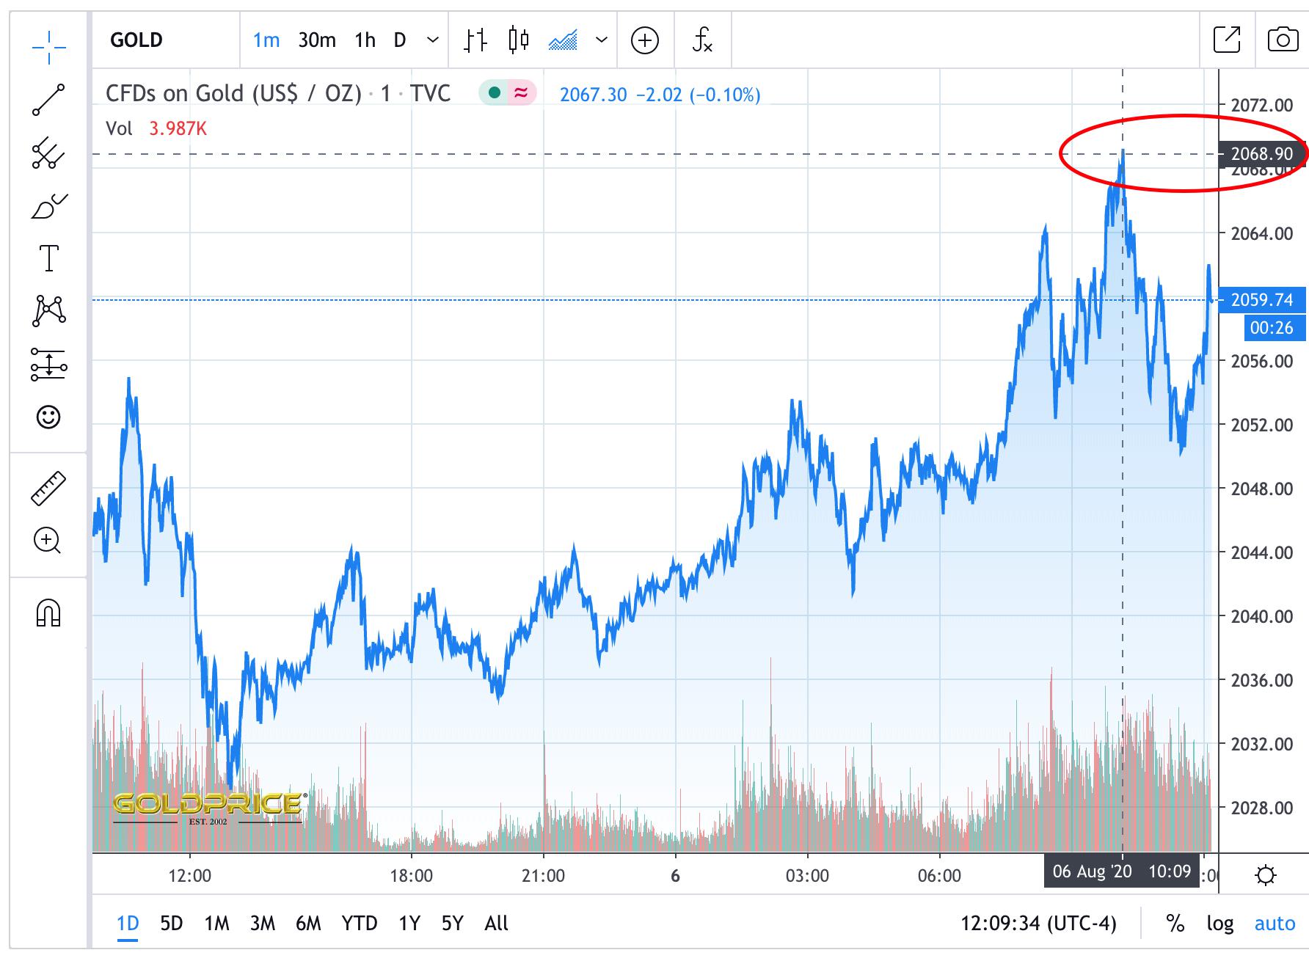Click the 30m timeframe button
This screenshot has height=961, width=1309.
pos(316,40)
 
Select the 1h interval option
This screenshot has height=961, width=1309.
pos(365,40)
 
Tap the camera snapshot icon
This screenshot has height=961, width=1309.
pos(1282,40)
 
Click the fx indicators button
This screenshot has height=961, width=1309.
pos(702,40)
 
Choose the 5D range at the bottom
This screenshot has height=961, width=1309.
pos(171,923)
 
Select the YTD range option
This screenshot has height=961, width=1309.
pos(359,923)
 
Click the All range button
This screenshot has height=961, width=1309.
pos(496,923)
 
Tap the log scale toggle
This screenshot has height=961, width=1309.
pos(1219,923)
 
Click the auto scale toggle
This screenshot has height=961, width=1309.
pos(1275,923)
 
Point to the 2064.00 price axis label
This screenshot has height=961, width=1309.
pos(1262,234)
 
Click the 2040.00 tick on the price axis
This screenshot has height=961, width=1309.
pos(1262,617)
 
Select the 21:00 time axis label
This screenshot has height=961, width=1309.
pos(543,876)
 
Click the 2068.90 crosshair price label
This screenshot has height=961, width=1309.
pos(1261,154)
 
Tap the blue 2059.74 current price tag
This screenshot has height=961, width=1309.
pos(1261,300)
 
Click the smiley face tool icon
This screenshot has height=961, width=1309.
pos(48,417)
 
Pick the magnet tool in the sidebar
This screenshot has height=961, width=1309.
pos(48,613)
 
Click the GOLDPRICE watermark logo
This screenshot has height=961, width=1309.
pos(208,805)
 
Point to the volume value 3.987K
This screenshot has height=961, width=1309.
pos(178,129)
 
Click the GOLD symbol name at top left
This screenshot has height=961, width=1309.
pos(136,40)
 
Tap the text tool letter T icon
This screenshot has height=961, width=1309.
pos(48,258)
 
